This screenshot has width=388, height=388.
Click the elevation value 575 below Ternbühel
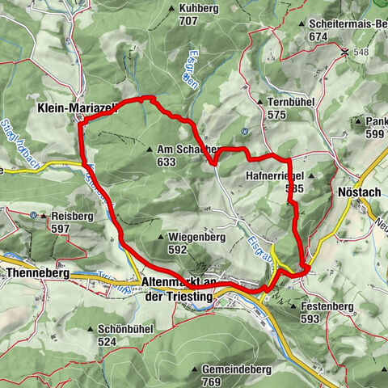point(278,116)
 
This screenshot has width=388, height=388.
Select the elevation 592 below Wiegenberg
point(178,250)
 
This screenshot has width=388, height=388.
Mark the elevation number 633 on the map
point(167,162)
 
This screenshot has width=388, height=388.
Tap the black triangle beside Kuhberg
point(172,9)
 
